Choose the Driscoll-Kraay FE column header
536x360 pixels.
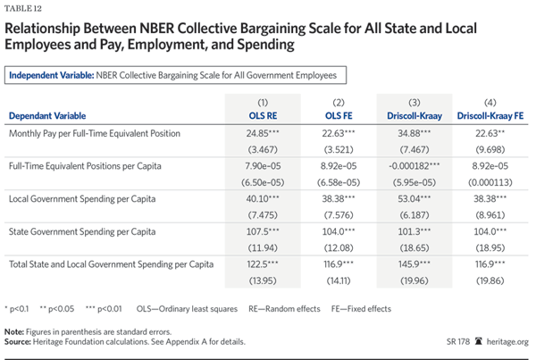pos(490,115)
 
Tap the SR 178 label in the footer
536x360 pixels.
pos(460,341)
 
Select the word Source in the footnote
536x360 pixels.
pos(19,342)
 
